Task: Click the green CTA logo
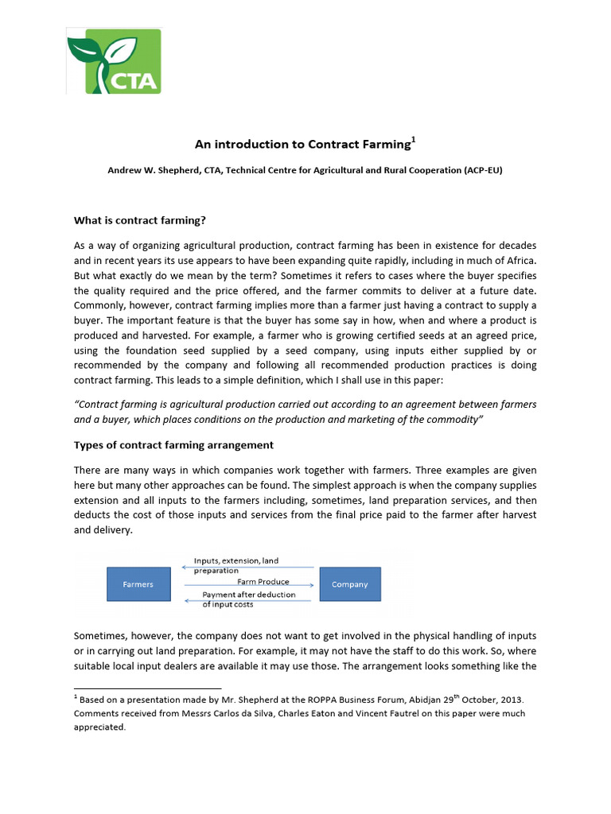click(114, 61)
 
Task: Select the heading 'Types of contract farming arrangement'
click(173, 444)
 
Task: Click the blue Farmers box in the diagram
click(138, 584)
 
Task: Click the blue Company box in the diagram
click(349, 584)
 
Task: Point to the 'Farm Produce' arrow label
click(240, 582)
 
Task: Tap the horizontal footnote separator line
click(147, 688)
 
